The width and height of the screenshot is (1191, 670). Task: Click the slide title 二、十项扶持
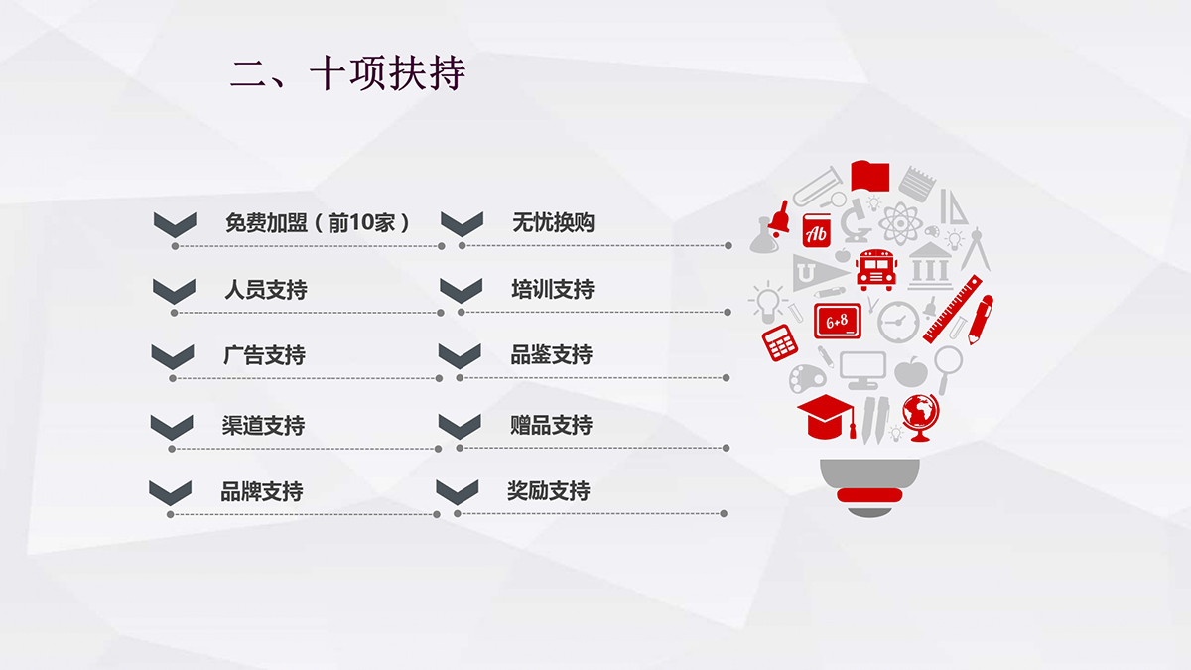click(x=348, y=73)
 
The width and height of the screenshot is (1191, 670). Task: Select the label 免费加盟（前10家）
click(x=318, y=222)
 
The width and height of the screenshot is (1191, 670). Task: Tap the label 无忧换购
click(x=553, y=222)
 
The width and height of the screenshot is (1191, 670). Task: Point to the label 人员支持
click(x=266, y=289)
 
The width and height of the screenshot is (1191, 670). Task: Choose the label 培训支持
click(x=553, y=289)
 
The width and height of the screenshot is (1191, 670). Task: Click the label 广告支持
click(x=264, y=355)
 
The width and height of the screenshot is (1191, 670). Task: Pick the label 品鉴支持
click(x=552, y=354)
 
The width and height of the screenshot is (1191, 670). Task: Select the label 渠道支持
click(x=263, y=426)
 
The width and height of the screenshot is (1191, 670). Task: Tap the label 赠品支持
click(x=552, y=425)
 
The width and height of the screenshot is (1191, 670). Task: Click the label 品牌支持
click(x=262, y=491)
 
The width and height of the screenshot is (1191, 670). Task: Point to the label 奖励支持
click(x=549, y=490)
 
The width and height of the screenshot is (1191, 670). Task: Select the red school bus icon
click(x=876, y=270)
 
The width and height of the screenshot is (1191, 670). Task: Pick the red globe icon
click(x=921, y=418)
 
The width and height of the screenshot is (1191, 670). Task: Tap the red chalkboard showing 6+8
click(x=838, y=321)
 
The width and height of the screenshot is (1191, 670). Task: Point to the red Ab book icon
click(x=816, y=230)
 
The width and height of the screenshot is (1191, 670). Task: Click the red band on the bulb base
click(x=869, y=495)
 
